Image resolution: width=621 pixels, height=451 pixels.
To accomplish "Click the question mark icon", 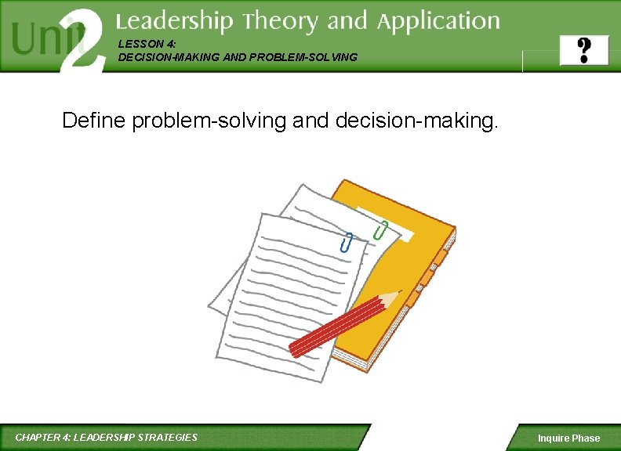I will click(583, 50).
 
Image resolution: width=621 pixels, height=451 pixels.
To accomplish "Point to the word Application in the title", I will click(438, 22).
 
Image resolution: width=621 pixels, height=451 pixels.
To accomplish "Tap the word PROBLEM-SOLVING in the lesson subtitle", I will click(314, 57).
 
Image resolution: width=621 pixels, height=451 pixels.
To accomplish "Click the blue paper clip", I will click(346, 243).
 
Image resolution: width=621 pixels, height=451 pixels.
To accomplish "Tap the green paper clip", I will click(381, 230).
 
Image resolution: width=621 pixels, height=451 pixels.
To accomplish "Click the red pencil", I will click(337, 326).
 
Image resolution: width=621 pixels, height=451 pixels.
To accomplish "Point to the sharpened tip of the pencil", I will click(397, 294).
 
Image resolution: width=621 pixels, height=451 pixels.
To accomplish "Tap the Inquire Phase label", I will click(568, 438).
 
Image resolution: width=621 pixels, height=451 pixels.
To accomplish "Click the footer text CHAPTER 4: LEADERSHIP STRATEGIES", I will click(107, 437).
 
